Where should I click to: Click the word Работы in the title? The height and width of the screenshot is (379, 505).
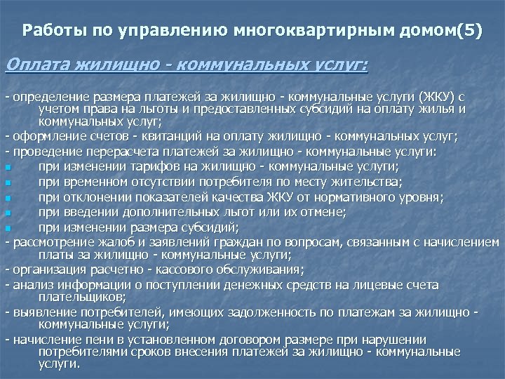pyautogui.click(x=48, y=32)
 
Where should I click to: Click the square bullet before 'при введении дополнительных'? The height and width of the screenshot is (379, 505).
pyautogui.click(x=8, y=213)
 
